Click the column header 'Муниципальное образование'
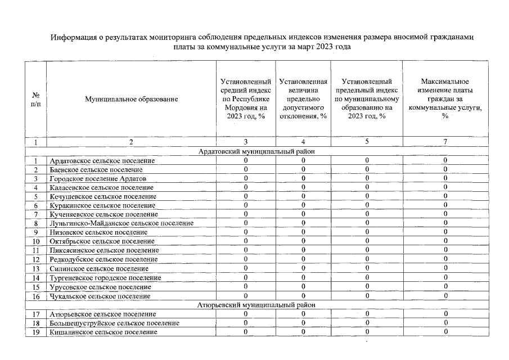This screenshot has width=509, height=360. coord(131,99)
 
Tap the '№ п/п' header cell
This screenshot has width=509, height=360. coord(35,99)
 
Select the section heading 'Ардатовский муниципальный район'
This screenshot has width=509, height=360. coord(256,151)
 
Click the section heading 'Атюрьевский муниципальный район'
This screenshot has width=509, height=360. coord(256,305)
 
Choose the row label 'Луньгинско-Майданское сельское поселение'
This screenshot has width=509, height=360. coord(121,223)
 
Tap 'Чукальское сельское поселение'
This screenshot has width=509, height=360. coord(100,296)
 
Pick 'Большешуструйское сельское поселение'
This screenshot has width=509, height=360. coord(114,323)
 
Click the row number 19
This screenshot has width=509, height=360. coord(35,332)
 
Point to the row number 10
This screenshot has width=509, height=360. coord(35,241)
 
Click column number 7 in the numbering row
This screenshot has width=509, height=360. coord(445,142)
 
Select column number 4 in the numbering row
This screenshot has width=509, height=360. coord(303,142)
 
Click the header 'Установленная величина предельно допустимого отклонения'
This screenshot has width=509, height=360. coord(303,99)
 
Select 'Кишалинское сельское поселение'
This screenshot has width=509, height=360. coord(103,332)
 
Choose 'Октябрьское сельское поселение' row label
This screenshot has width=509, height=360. coord(102,241)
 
